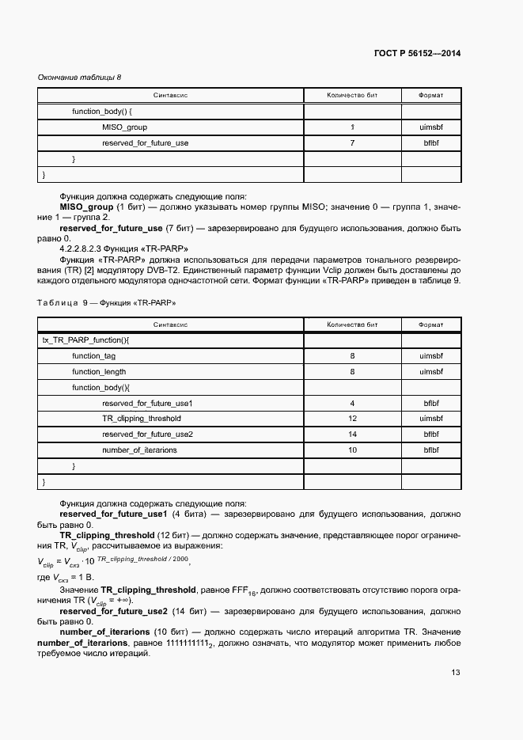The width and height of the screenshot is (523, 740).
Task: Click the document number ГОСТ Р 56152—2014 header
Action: pyautogui.click(x=417, y=53)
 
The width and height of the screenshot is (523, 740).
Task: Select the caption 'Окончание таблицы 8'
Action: pyautogui.click(x=80, y=77)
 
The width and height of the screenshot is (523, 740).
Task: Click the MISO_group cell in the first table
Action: pyautogui.click(x=124, y=127)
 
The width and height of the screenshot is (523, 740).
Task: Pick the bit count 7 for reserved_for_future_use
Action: pyautogui.click(x=352, y=143)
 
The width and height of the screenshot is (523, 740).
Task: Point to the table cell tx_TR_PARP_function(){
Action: pyautogui.click(x=85, y=340)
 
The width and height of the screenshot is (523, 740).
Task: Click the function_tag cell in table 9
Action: pyautogui.click(x=94, y=356)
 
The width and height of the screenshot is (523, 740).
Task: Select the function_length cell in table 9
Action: pyautogui.click(x=99, y=371)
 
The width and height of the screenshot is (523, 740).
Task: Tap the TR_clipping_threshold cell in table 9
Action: pyautogui.click(x=142, y=419)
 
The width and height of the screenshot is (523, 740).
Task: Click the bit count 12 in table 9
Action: pyautogui.click(x=352, y=419)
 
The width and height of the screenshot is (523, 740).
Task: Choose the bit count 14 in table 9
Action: pyautogui.click(x=352, y=435)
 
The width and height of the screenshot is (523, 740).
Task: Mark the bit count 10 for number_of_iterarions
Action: pyautogui.click(x=352, y=450)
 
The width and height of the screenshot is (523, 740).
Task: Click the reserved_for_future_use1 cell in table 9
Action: pyautogui.click(x=148, y=403)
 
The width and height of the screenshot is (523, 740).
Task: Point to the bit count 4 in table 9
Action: pyautogui.click(x=352, y=403)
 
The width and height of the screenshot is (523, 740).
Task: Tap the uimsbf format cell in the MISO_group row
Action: pyautogui.click(x=431, y=127)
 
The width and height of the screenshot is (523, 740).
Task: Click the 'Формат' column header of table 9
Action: pyautogui.click(x=431, y=324)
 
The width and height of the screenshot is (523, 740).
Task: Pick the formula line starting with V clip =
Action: pyautogui.click(x=114, y=560)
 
